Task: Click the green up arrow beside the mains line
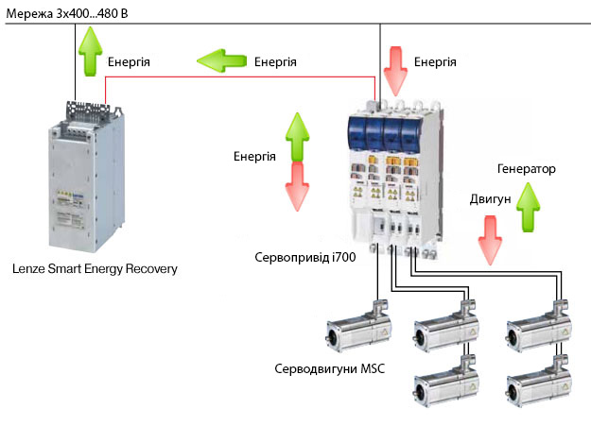click(x=91, y=52)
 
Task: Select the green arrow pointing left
click(x=220, y=62)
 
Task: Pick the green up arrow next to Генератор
click(x=528, y=208)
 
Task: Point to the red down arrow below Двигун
click(x=491, y=241)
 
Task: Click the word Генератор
click(x=526, y=169)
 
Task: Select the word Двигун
click(x=490, y=200)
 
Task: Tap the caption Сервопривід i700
click(x=304, y=256)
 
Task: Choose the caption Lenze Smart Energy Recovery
click(x=95, y=269)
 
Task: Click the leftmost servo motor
click(x=356, y=330)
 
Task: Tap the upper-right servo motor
click(x=538, y=328)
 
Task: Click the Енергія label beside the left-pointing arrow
click(x=276, y=62)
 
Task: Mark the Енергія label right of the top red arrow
click(x=435, y=62)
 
